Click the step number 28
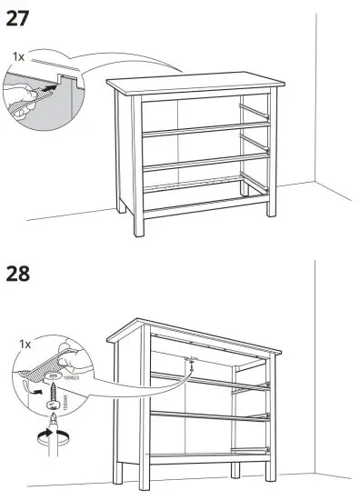point(24,274)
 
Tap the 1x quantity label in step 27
point(18,56)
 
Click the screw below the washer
point(58,396)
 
